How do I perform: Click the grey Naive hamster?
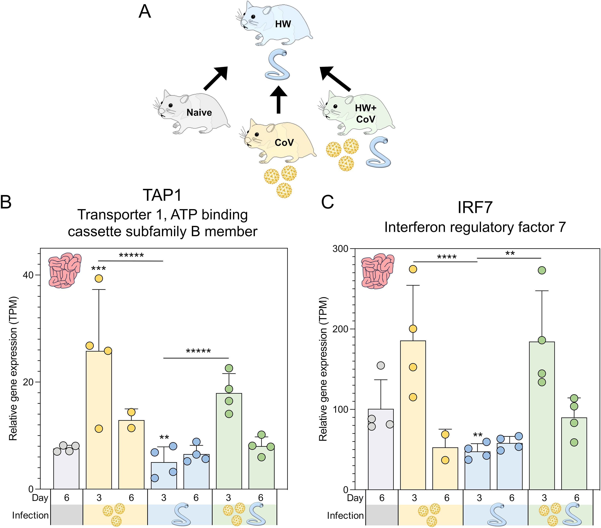[x=191, y=113]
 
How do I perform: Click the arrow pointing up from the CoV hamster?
[x=278, y=100]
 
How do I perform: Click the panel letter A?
[x=145, y=12]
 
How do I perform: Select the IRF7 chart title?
[x=475, y=208]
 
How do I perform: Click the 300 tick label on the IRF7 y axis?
[x=340, y=249]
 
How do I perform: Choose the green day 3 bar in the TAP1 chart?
[x=229, y=440]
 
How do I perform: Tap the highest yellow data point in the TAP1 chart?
[x=99, y=278]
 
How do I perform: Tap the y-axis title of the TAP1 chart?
[x=14, y=369]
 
